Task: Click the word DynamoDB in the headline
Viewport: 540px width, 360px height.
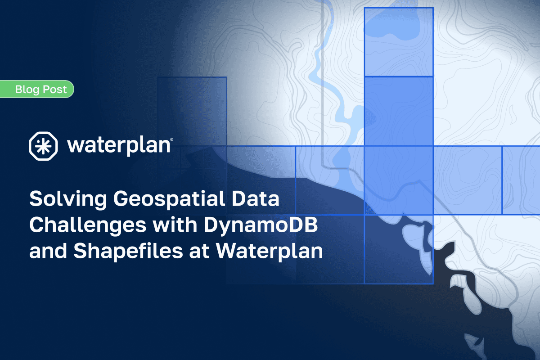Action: click(261, 225)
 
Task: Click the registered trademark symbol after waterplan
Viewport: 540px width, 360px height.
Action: click(171, 141)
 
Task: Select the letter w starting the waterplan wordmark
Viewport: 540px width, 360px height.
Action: click(73, 147)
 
